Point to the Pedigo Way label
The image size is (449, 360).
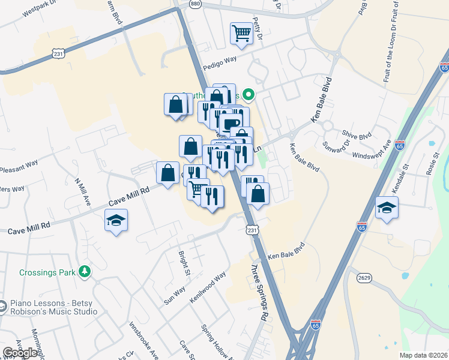220,64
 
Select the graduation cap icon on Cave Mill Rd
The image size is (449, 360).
116,220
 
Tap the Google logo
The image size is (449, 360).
20,353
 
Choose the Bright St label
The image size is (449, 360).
184,264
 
